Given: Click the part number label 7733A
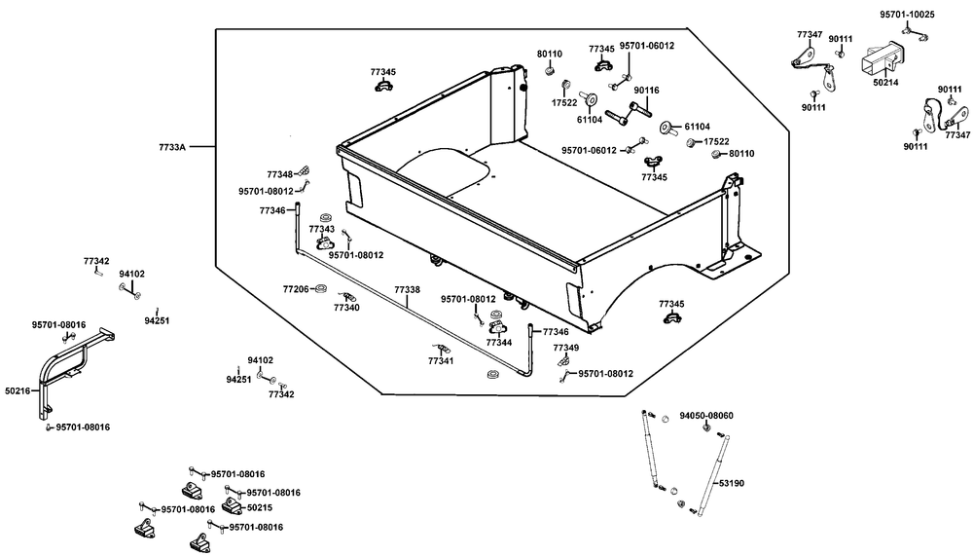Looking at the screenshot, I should [171, 147].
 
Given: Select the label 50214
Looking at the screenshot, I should [885, 84].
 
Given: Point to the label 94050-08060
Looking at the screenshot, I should [706, 416].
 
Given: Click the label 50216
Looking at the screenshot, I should [18, 391].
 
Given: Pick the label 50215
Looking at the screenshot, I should [259, 507].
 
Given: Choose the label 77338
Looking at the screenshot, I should [407, 290].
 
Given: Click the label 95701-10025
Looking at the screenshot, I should [907, 15].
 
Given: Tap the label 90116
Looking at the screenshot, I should [646, 91].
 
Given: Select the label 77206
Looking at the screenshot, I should [296, 290].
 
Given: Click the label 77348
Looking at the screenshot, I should [280, 174].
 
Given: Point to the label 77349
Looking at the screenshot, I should [565, 348].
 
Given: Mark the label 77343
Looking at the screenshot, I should [322, 229].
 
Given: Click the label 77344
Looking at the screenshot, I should [498, 343].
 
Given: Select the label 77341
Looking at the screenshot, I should [440, 361].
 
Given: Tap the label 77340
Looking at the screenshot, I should [346, 308].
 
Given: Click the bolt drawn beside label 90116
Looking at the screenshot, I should [623, 115].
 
